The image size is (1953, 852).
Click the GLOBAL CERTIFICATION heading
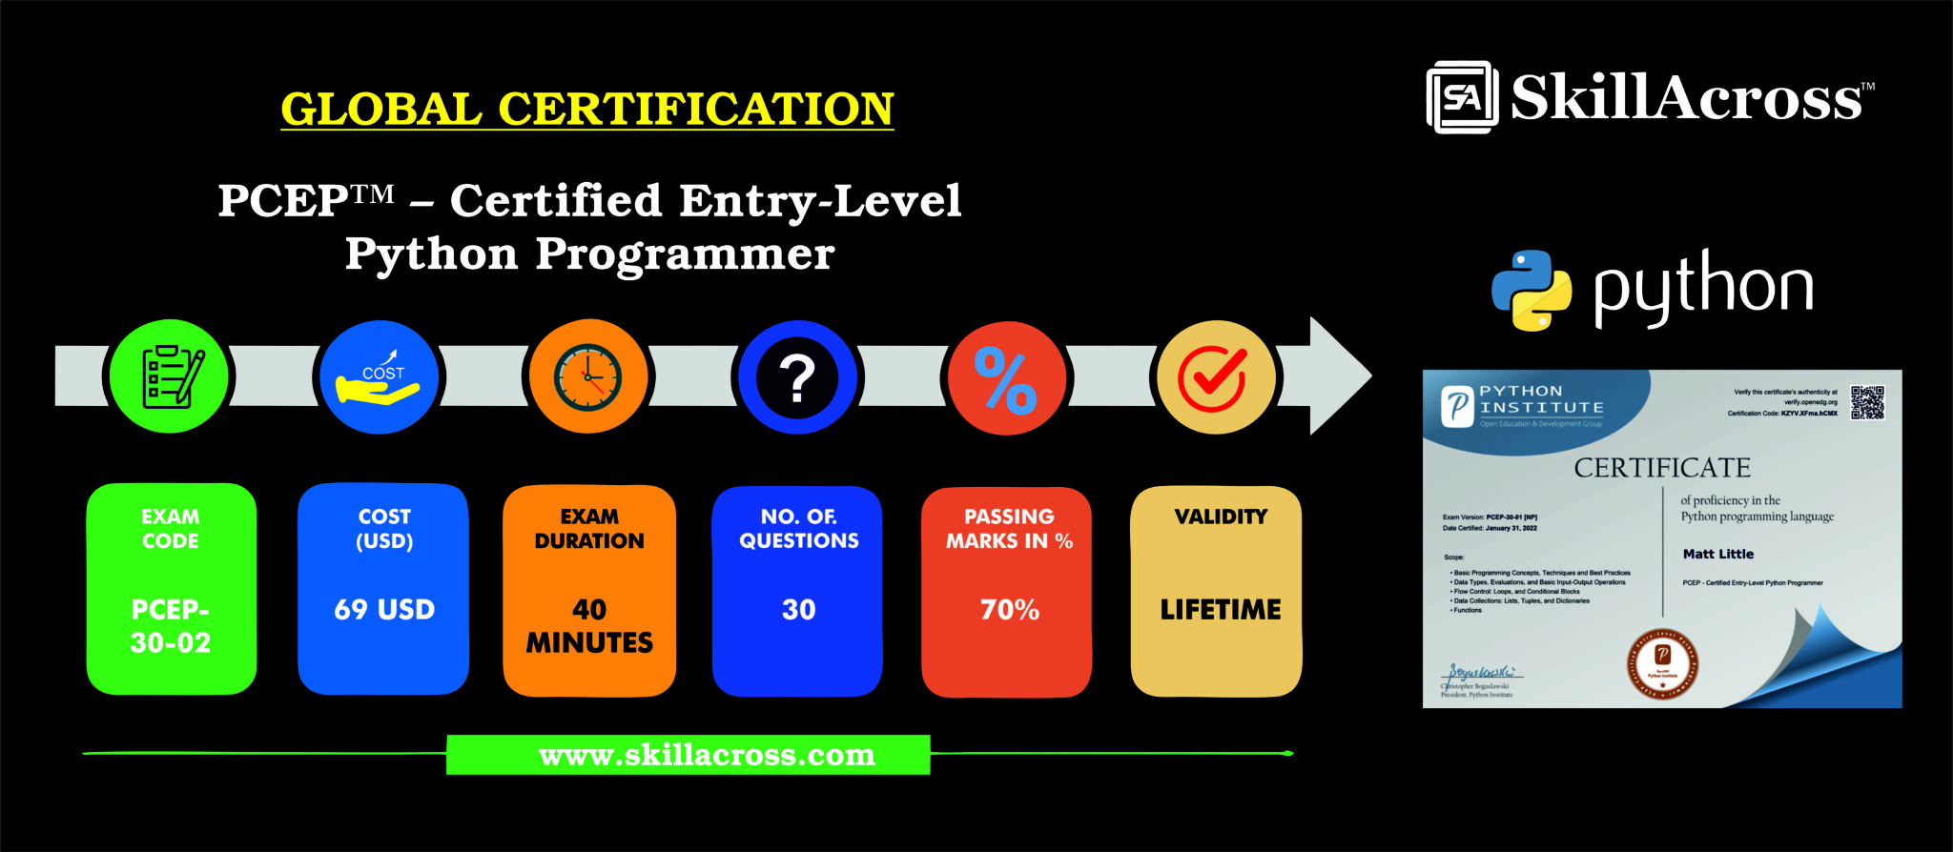coord(586,109)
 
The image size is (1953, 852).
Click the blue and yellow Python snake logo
coord(1532,290)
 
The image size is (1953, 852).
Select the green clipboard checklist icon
coord(171,376)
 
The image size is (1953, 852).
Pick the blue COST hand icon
coord(380,378)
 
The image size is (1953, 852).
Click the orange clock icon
coord(588,377)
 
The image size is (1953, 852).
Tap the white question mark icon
coord(797,378)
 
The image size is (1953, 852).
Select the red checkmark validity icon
coord(1214,378)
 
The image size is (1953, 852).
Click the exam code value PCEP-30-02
coord(171,626)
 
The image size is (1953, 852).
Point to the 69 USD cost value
coord(384,610)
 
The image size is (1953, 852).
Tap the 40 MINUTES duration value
coord(589,626)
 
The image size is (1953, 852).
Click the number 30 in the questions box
coord(798,610)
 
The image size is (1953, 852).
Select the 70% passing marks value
coord(1009,610)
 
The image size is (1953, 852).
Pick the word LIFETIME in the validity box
coord(1220,610)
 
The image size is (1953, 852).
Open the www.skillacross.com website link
coord(707,755)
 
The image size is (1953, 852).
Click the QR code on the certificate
coord(1867,403)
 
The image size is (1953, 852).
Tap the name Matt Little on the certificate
coord(1717,554)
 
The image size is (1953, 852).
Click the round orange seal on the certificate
coord(1662,663)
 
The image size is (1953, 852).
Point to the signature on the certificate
coord(1481,672)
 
